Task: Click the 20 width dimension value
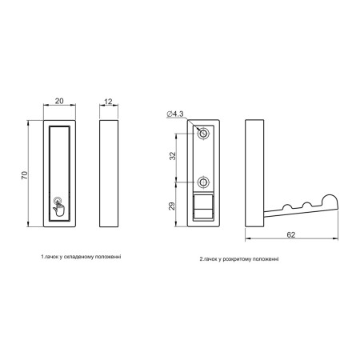59,101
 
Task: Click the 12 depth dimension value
108,102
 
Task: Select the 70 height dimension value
25,175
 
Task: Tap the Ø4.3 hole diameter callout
175,114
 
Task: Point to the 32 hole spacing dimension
173,156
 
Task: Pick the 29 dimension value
172,206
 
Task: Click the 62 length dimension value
291,234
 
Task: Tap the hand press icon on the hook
58,206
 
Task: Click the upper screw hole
203,133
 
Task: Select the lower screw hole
203,182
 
